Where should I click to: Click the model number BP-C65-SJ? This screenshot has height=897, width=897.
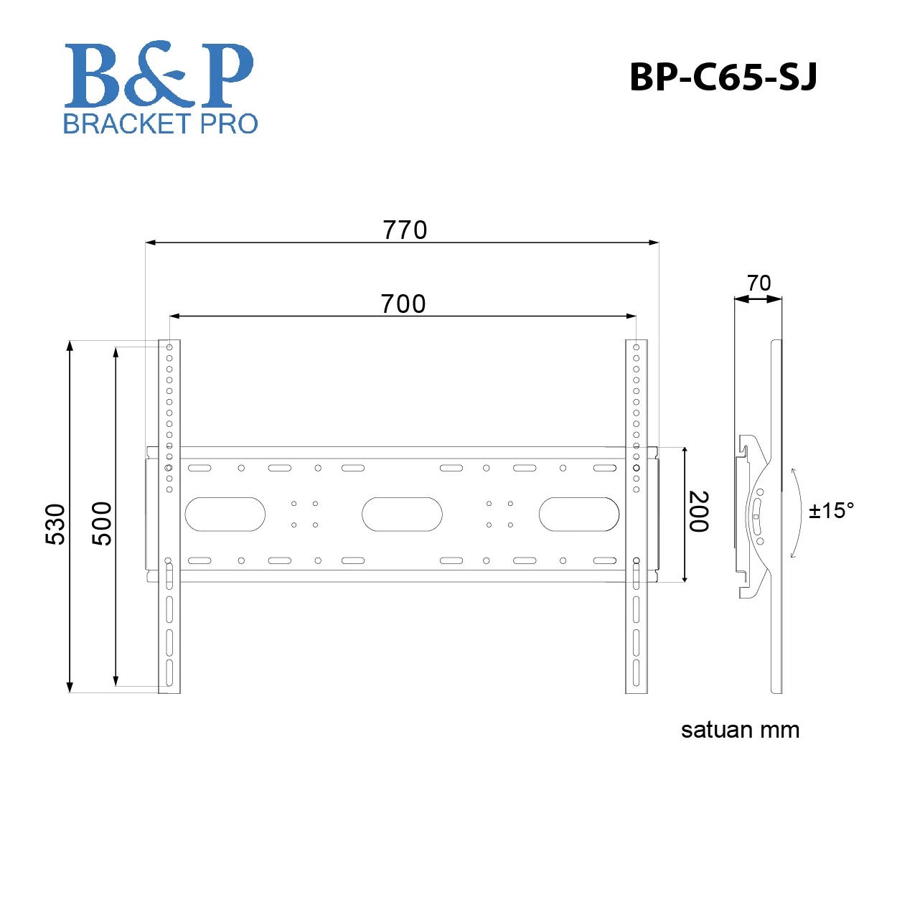click(723, 77)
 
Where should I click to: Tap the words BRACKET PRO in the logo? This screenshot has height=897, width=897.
click(160, 123)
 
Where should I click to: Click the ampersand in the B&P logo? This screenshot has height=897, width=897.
click(156, 73)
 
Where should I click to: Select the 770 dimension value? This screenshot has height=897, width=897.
click(405, 230)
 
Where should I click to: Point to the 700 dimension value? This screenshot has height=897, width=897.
click(403, 304)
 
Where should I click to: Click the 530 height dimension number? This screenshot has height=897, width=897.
click(55, 524)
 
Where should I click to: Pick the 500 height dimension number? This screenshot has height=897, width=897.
click(103, 524)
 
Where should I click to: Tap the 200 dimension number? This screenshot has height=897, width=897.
click(699, 512)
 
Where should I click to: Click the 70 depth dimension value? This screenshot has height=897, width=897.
click(759, 283)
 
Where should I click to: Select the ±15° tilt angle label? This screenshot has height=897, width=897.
click(831, 511)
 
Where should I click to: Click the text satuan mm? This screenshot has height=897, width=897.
click(740, 730)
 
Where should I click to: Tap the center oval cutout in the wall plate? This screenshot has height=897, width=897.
click(402, 515)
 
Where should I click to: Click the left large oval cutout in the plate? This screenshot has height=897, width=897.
click(225, 515)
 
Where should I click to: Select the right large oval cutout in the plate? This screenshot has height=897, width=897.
click(579, 515)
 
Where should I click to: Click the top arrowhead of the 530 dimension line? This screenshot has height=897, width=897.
click(70, 346)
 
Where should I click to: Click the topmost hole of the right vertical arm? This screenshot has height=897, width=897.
click(637, 347)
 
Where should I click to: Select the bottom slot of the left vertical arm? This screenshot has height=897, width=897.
click(169, 672)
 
